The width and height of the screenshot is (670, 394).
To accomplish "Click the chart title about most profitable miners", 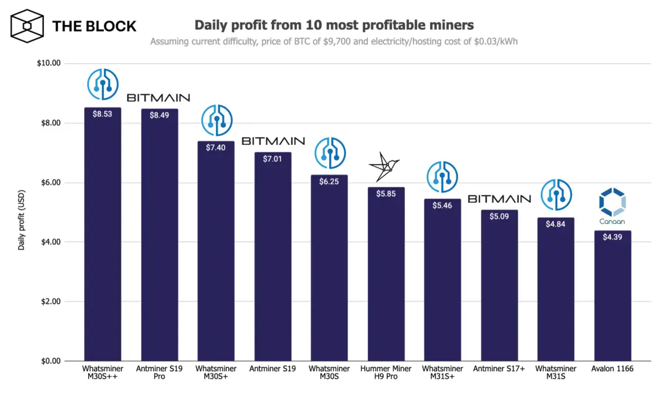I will pyautogui.click(x=334, y=25).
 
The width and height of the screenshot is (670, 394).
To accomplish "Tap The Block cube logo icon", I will pyautogui.click(x=28, y=26).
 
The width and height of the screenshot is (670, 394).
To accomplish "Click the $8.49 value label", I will pyautogui.click(x=159, y=116).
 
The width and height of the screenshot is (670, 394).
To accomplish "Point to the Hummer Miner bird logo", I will pyautogui.click(x=384, y=167).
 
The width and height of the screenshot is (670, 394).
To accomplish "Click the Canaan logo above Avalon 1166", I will pyautogui.click(x=612, y=206).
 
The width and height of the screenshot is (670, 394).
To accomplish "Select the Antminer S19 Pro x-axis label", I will pyautogui.click(x=159, y=372).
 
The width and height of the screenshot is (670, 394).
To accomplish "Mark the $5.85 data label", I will pyautogui.click(x=386, y=194).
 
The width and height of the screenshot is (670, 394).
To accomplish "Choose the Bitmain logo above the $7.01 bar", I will pyautogui.click(x=273, y=141).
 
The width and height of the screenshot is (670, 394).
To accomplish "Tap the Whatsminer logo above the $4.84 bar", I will pyautogui.click(x=556, y=194).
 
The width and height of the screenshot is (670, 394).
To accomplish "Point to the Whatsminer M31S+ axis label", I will pyautogui.click(x=442, y=372).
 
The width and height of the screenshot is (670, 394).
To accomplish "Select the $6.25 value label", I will pyautogui.click(x=329, y=182).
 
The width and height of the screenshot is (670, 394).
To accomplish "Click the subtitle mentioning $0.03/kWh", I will pyautogui.click(x=334, y=41).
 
